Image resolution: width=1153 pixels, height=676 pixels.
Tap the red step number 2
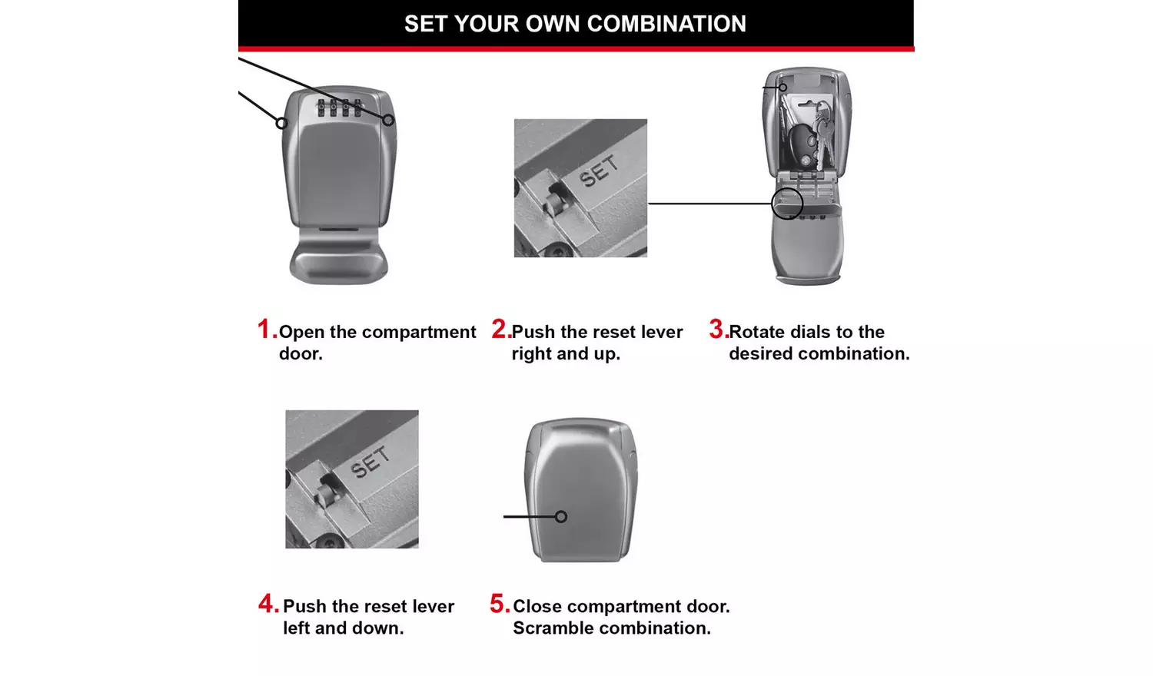[500, 330]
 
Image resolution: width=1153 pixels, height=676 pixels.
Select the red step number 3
[717, 330]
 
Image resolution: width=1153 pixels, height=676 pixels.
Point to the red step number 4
[267, 604]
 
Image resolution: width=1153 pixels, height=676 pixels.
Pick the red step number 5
[499, 604]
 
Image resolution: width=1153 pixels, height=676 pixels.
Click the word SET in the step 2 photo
[599, 171]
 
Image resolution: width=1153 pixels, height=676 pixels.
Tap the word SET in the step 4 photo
[370, 462]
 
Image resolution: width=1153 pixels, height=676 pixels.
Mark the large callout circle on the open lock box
[786, 204]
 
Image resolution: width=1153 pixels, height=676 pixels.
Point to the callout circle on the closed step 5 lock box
[561, 517]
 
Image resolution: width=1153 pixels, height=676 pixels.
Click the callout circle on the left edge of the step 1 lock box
[282, 123]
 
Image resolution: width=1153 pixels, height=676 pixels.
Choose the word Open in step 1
[301, 333]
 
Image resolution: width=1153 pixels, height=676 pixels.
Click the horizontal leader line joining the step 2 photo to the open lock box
[709, 204]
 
